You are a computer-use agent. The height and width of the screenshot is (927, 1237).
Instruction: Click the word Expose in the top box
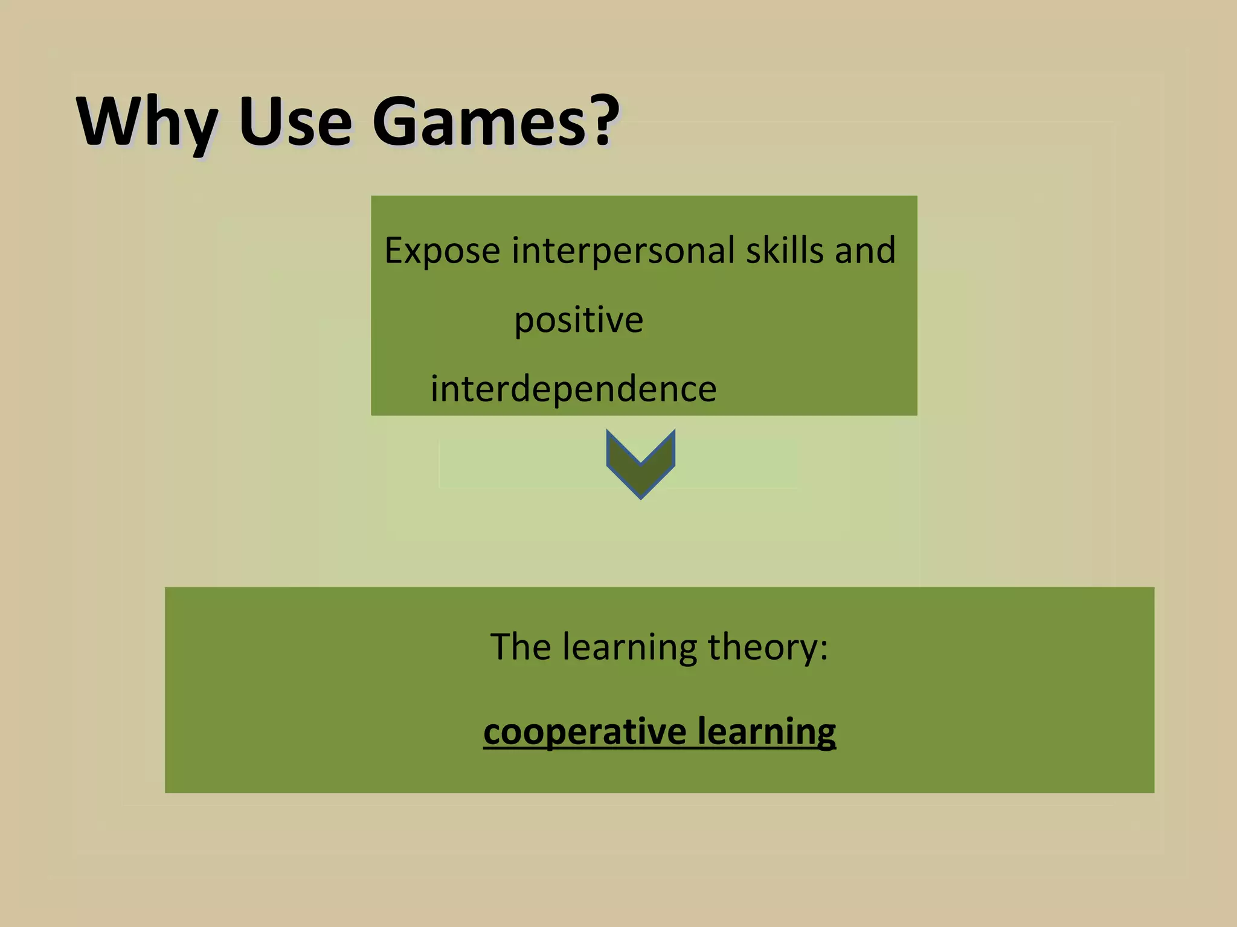tap(442, 251)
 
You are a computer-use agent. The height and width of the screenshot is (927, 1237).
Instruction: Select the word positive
tap(579, 320)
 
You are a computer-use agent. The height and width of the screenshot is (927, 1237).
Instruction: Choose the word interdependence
tap(573, 389)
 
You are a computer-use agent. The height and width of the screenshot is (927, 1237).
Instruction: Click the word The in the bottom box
tap(520, 646)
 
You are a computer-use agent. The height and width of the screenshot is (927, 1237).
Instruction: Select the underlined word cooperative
tap(585, 732)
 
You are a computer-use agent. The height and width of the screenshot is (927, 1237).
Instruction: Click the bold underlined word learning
tap(766, 732)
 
